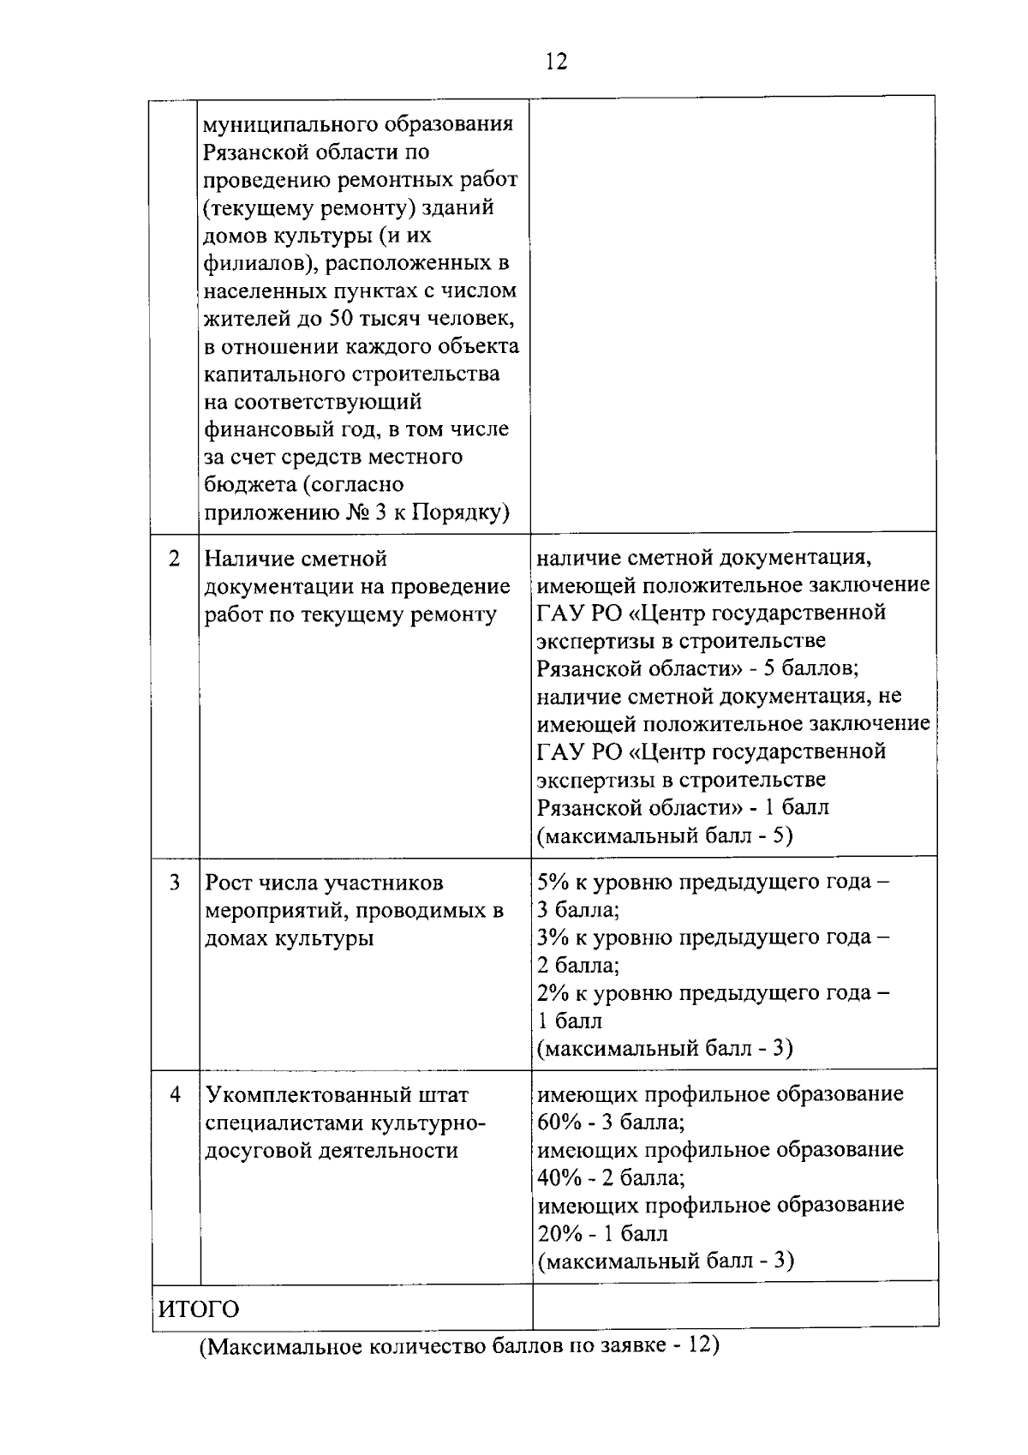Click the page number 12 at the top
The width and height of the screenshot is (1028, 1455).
pyautogui.click(x=555, y=62)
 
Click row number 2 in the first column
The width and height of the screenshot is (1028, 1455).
pyautogui.click(x=175, y=559)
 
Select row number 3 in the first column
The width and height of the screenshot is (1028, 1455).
pyautogui.click(x=175, y=882)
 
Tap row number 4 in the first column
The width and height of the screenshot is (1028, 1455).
pyautogui.click(x=175, y=1094)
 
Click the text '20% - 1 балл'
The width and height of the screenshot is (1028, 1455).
pyautogui.click(x=602, y=1234)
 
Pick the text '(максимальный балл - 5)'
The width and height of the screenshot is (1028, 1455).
pyautogui.click(x=665, y=835)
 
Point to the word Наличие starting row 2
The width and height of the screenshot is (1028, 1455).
pyautogui.click(x=247, y=559)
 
